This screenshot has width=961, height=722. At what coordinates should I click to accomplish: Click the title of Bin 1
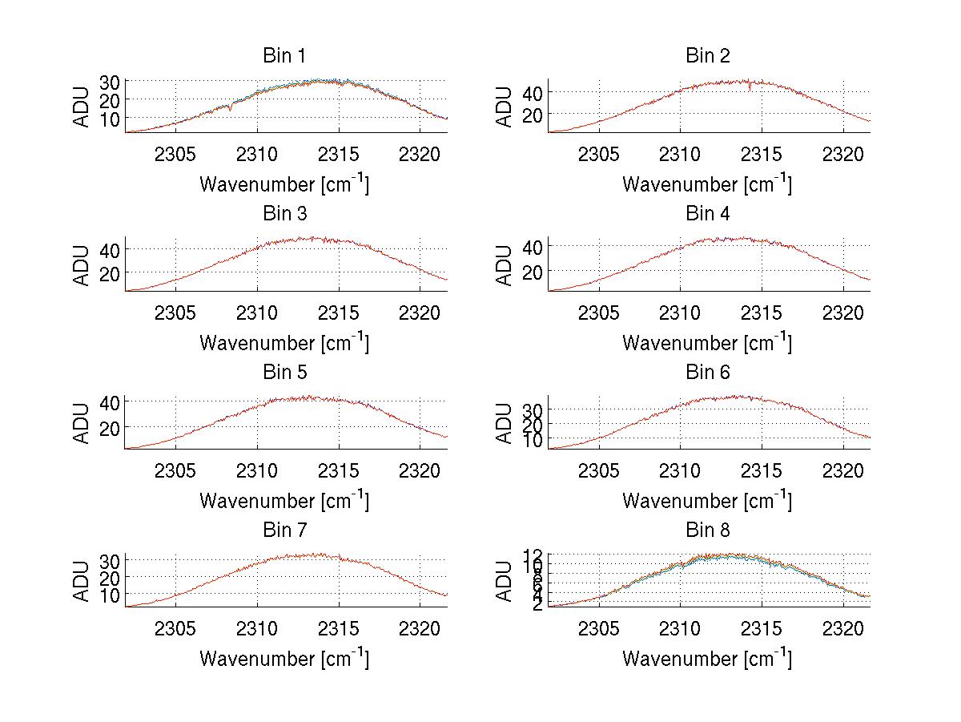point(284,56)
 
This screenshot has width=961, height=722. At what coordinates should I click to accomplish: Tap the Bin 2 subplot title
point(708,56)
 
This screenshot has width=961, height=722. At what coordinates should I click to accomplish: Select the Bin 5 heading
point(284,373)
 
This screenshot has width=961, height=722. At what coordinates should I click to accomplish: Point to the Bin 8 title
point(708,530)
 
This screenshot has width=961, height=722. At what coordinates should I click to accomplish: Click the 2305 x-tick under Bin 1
point(175,154)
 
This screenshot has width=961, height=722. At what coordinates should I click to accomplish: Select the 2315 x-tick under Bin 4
point(761,312)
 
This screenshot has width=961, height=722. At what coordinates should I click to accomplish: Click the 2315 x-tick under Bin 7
point(338,628)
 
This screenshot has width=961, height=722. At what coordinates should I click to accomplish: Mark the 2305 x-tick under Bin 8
point(598,628)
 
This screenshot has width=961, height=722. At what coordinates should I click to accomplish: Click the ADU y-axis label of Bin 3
point(82,265)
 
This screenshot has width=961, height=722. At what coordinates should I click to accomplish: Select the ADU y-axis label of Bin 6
point(505,423)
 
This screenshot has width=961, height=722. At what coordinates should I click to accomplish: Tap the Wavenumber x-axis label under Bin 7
point(284,659)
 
